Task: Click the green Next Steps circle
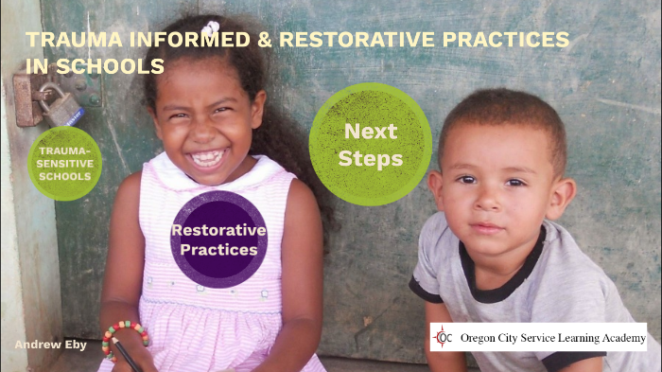(370, 144)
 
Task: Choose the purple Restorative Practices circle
(218, 239)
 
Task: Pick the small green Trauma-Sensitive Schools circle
(64, 163)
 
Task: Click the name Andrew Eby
(49, 345)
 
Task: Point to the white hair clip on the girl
(211, 28)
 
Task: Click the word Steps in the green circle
(370, 158)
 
